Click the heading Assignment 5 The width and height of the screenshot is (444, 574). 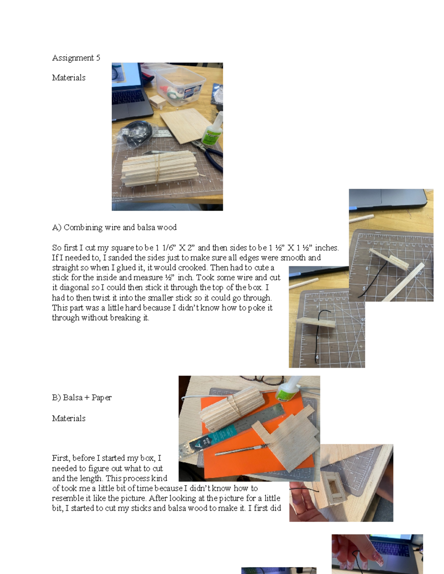coord(76,58)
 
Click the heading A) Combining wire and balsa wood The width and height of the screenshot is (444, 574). coord(114,227)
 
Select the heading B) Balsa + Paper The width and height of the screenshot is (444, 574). coord(81,398)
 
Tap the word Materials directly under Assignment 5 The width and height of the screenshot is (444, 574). coord(68,78)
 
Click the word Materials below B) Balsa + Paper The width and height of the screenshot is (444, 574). coord(68,418)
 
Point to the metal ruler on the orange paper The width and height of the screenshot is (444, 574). coord(237,425)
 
